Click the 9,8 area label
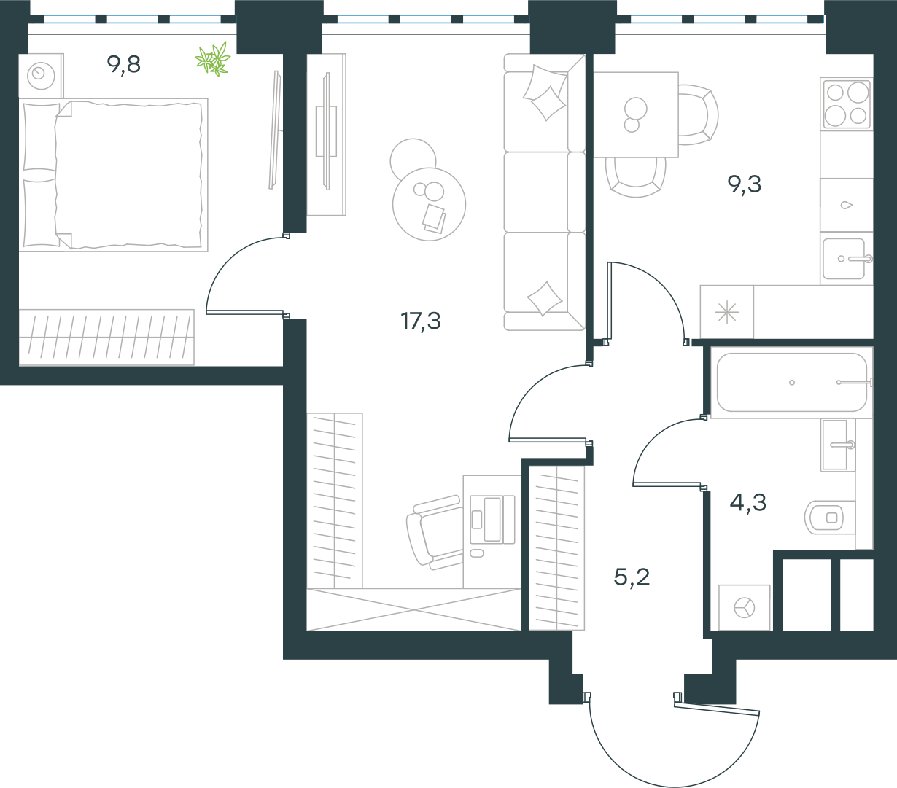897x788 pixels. [123, 65]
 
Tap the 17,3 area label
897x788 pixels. [421, 321]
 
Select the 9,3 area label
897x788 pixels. [745, 184]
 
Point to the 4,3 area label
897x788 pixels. [747, 502]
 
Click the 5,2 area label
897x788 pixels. [632, 577]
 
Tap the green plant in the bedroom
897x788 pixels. [213, 59]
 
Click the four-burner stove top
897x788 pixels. [847, 104]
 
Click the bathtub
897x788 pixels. [792, 383]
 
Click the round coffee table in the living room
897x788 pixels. [429, 205]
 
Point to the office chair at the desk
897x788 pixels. [435, 532]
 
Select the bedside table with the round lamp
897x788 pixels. [41, 76]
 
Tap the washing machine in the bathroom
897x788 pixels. [745, 607]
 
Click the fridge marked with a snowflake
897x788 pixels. [726, 312]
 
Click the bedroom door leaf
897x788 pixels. [245, 313]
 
